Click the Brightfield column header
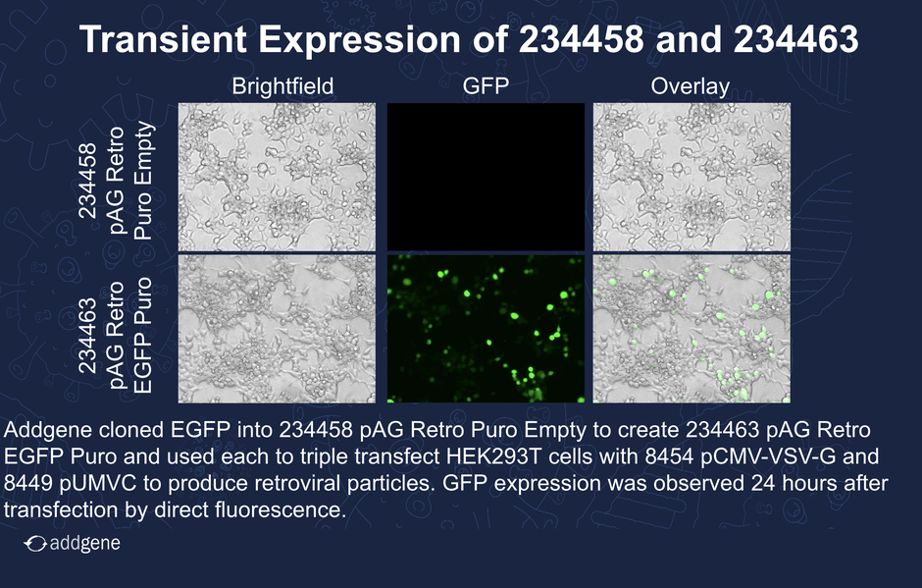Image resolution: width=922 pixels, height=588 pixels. click(282, 87)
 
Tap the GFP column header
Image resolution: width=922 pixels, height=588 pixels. click(486, 86)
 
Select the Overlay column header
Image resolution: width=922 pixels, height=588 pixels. click(691, 87)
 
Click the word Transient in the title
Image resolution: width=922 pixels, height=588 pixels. click(163, 39)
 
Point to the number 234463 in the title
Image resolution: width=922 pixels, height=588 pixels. click(796, 39)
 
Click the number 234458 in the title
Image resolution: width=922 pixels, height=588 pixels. click(582, 39)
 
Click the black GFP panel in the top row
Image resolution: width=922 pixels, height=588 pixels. click(486, 177)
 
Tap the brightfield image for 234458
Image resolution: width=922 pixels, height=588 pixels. click(277, 177)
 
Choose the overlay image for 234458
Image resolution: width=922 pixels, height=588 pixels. click(691, 177)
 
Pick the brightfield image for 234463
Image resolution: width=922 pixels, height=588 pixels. click(277, 329)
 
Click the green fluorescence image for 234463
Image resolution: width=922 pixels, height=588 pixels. click(486, 329)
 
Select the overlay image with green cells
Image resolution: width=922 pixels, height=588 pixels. click(691, 329)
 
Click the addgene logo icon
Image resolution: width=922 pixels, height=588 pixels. click(35, 544)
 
